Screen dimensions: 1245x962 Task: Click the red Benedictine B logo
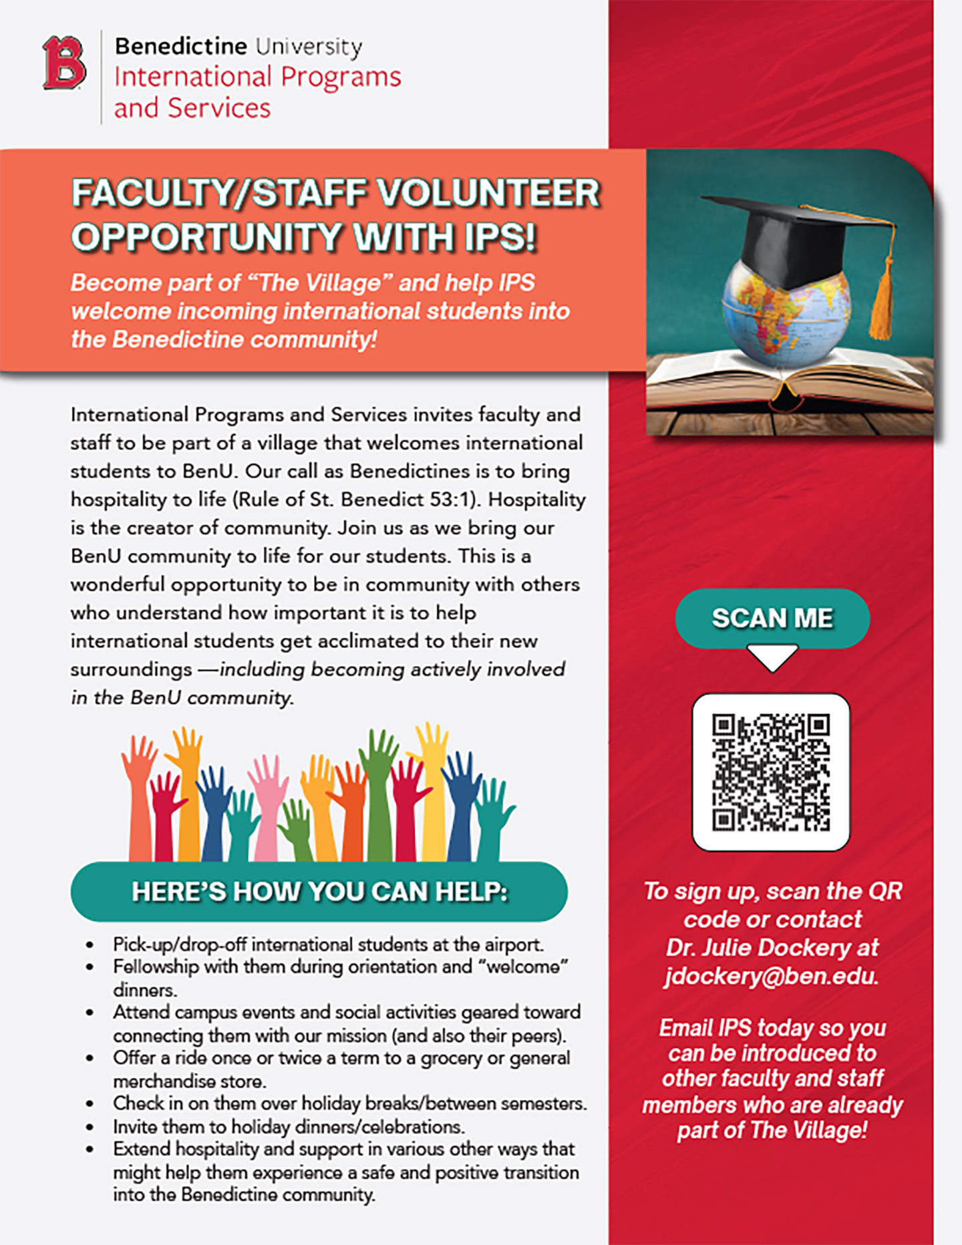64,63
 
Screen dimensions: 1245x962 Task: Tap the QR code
771,772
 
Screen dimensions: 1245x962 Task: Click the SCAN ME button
772,618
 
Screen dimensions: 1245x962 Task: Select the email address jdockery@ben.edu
772,976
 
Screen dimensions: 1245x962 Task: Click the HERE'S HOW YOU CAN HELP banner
319,892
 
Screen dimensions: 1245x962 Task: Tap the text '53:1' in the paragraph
454,500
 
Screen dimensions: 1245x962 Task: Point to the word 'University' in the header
309,47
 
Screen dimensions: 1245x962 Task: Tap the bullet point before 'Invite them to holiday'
90,1127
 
